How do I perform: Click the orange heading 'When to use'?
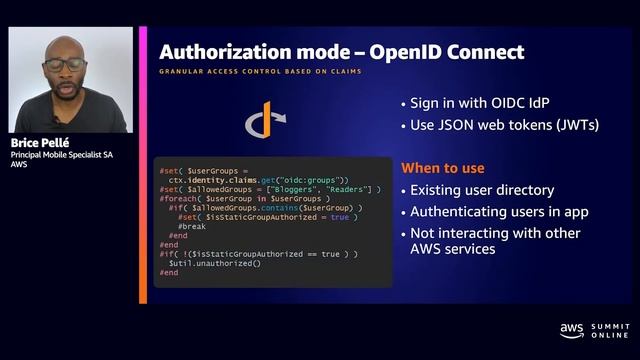(444, 167)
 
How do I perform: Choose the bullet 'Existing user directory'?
(482, 190)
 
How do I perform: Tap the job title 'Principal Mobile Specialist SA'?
(66, 156)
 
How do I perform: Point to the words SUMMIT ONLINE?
(609, 329)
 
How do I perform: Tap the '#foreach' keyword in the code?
(177, 198)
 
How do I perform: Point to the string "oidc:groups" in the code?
(312, 179)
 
